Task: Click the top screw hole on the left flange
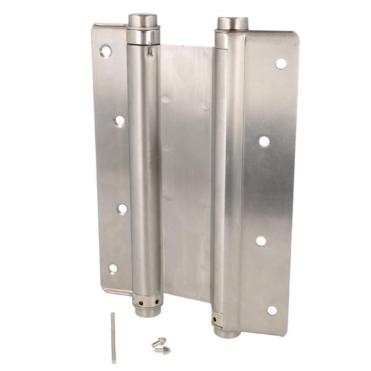106,51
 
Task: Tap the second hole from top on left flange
119,121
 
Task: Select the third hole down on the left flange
122,209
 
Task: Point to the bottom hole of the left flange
113,268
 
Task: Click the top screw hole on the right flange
281,63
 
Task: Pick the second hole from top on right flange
264,141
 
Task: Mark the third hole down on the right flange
261,241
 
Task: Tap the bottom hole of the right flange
271,310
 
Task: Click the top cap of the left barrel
142,20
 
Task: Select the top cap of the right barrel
232,23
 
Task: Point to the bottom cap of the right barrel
226,331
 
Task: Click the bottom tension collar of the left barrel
148,304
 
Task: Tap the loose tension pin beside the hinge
114,337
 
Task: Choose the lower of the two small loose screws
163,350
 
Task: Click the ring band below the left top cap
143,37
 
